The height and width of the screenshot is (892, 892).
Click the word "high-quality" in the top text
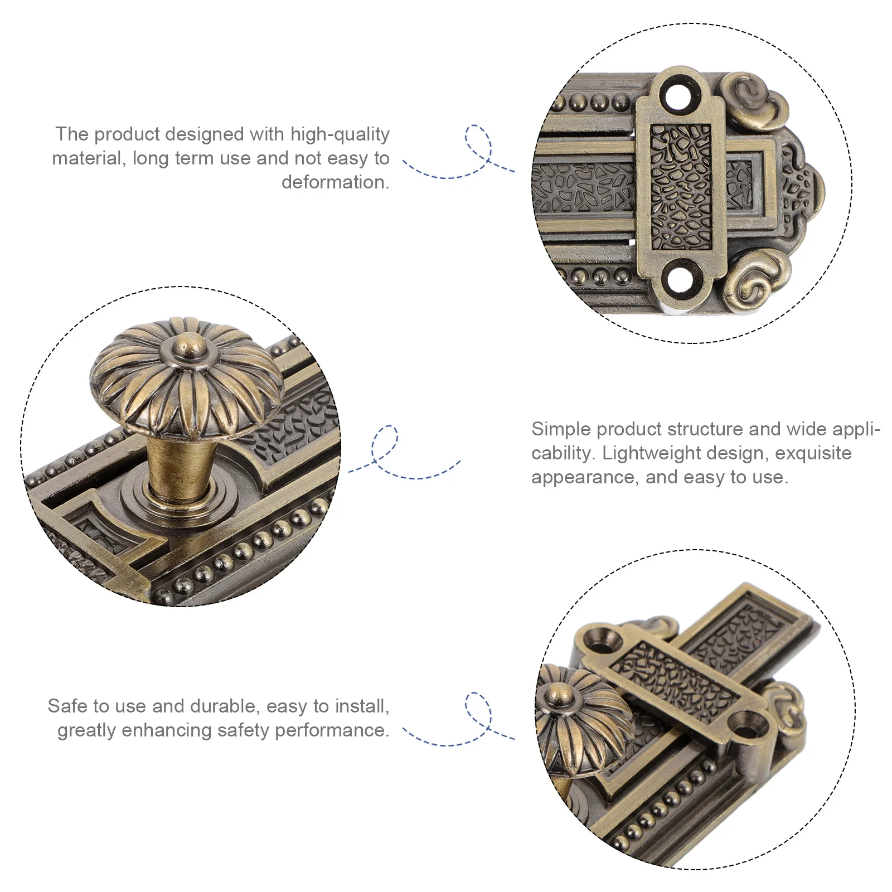340,134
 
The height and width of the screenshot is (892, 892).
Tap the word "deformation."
335,182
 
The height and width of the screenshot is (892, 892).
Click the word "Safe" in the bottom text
66,706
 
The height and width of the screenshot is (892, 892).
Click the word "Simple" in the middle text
560,429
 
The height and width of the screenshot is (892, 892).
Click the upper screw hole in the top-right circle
681,95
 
